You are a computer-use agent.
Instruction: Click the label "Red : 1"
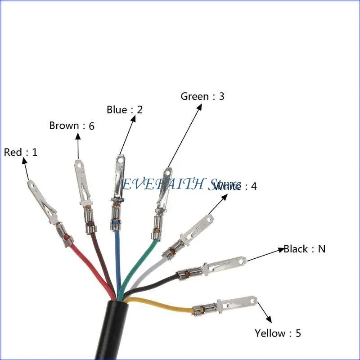tap(21, 152)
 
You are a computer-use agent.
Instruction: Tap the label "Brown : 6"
tap(72, 126)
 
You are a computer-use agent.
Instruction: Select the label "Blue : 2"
tap(125, 109)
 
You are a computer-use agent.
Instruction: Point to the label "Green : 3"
tap(202, 96)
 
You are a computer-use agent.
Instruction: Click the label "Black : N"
tap(304, 249)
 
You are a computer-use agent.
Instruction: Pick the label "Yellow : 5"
tap(278, 333)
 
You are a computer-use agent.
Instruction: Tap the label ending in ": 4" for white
tap(236, 186)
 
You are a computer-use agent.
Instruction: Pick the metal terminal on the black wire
tap(216, 266)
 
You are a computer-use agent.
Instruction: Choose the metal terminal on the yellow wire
tap(229, 304)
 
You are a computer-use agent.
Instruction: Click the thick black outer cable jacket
tap(118, 333)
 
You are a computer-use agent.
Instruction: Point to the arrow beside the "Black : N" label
tap(265, 255)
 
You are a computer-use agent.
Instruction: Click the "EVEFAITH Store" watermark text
tap(180, 184)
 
